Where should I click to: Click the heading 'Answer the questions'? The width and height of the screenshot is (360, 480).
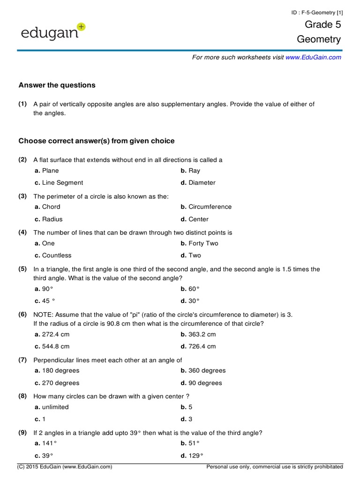pyautogui.click(x=57, y=85)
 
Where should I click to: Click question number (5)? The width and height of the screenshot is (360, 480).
pyautogui.click(x=22, y=269)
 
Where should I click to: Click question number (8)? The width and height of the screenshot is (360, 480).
pyautogui.click(x=22, y=396)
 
